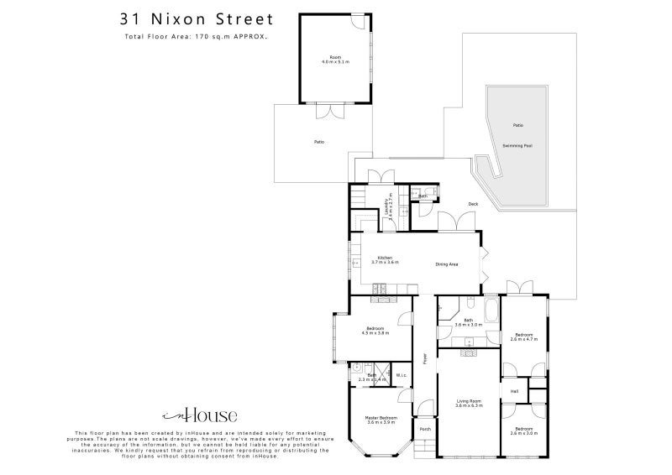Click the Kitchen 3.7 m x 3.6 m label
click(386, 260)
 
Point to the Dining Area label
click(446, 264)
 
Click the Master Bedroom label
click(381, 420)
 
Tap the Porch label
click(425, 429)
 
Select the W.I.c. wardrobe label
click(401, 375)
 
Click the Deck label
click(473, 204)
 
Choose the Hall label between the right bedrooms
click(514, 390)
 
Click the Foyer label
click(426, 358)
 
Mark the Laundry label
click(389, 207)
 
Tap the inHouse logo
click(199, 415)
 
